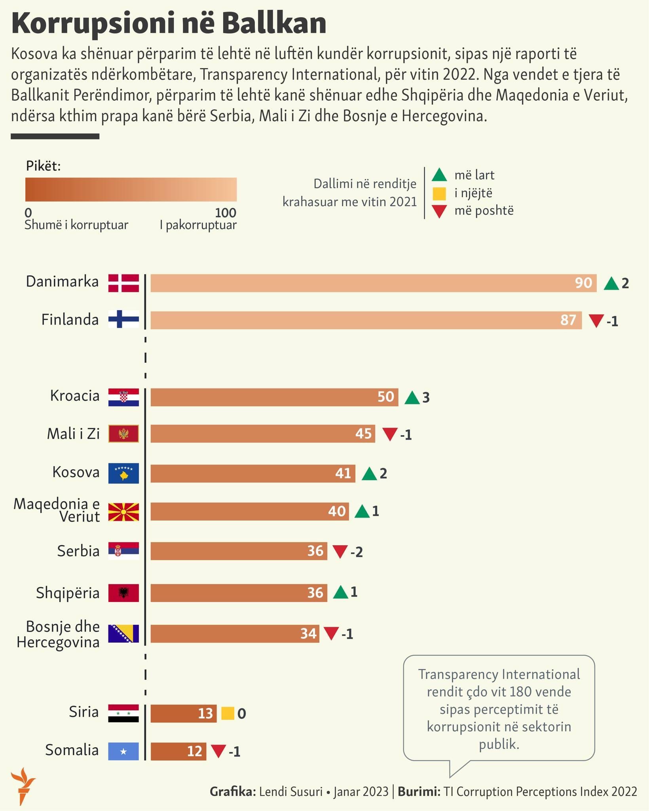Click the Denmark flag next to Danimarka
(123, 283)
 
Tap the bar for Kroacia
(274, 397)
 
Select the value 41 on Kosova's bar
(343, 473)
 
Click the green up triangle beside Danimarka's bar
(611, 284)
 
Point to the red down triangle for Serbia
(340, 551)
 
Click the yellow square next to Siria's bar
(228, 713)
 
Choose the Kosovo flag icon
(123, 473)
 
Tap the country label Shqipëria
(68, 593)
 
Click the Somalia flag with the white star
(123, 751)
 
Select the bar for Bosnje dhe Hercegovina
(234, 634)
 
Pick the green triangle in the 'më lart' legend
(439, 175)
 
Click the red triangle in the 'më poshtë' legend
(439, 211)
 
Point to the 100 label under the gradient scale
(226, 213)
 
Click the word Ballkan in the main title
(274, 24)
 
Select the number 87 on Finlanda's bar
(568, 320)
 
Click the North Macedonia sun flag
(123, 512)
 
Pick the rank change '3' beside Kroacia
(426, 398)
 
